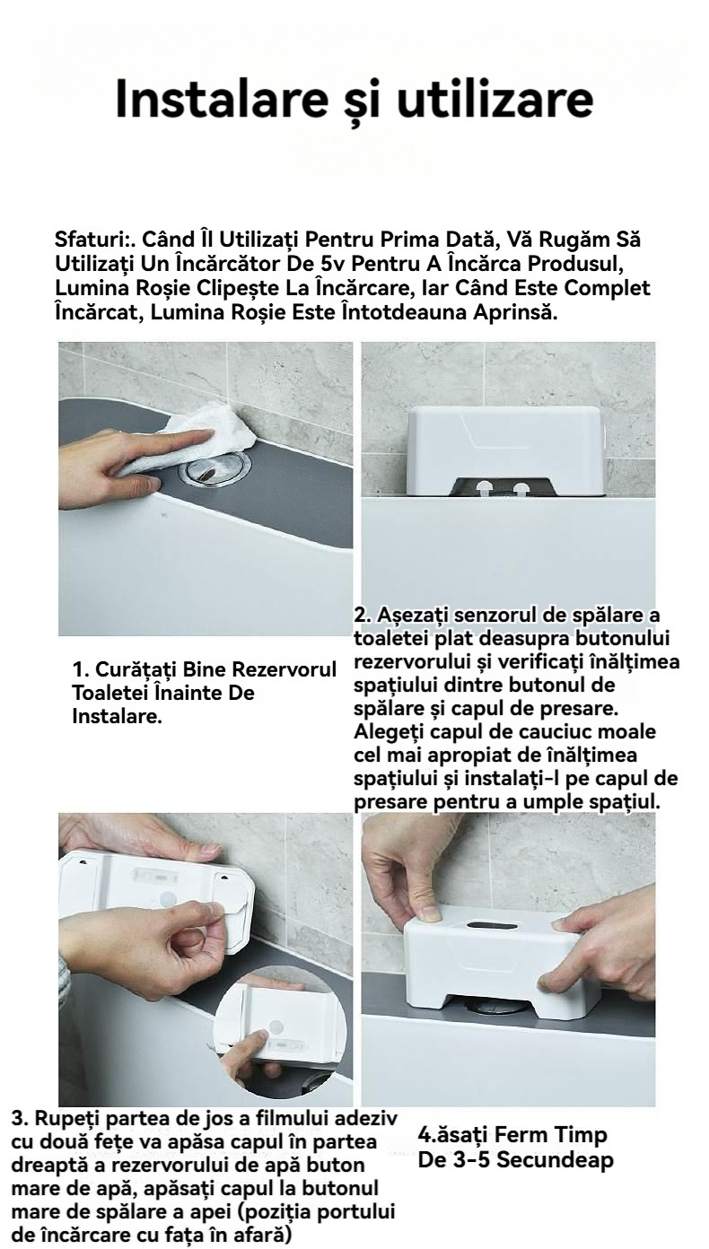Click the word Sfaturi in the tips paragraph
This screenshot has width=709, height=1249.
(x=89, y=240)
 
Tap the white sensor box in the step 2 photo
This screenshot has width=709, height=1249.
(x=507, y=447)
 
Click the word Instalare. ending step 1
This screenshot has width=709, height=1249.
(x=118, y=716)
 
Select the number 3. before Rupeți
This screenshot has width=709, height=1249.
(x=20, y=1119)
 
